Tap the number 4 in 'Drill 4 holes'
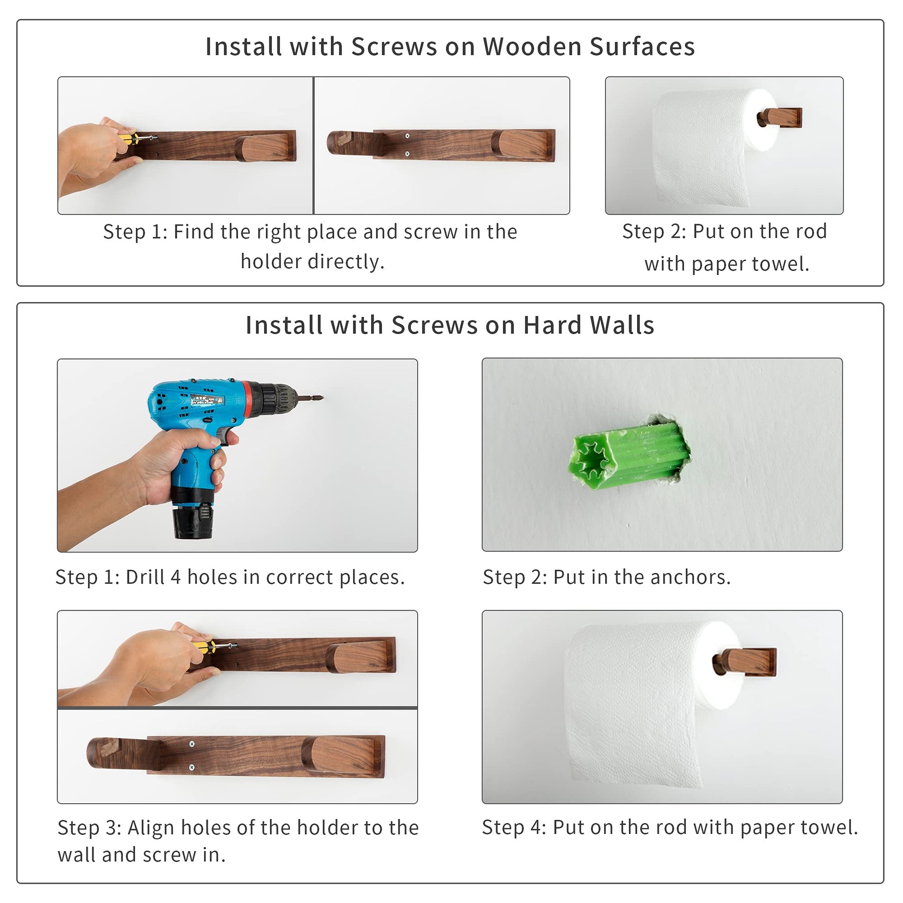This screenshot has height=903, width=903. (x=175, y=577)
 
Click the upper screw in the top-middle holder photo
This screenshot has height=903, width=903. (x=407, y=136)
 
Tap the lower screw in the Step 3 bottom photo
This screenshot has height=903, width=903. (x=192, y=767)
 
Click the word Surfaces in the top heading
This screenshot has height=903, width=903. (x=642, y=46)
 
